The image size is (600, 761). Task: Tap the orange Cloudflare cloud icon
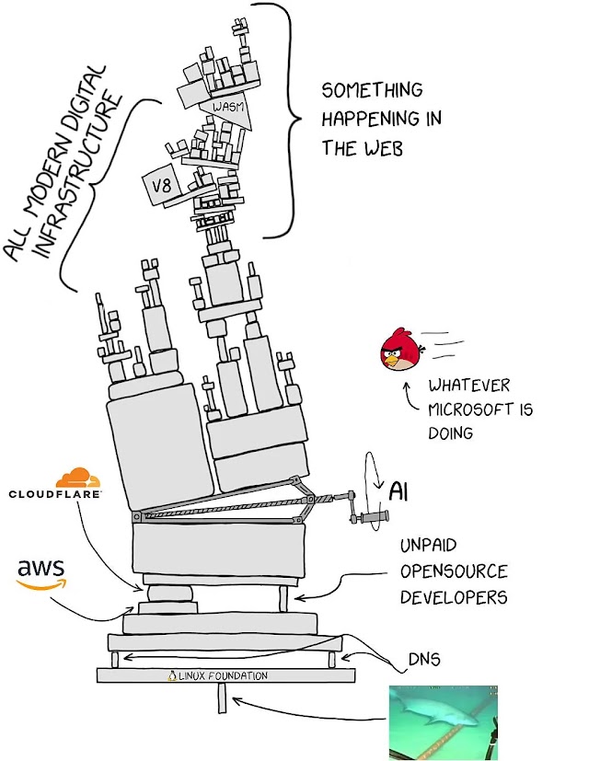(77, 478)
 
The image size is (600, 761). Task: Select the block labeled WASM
(226, 108)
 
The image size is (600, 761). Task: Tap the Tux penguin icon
(172, 675)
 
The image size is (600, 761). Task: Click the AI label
(398, 490)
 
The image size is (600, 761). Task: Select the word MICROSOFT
(480, 409)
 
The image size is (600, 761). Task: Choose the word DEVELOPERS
(453, 596)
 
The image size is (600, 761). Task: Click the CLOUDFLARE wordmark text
(55, 494)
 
